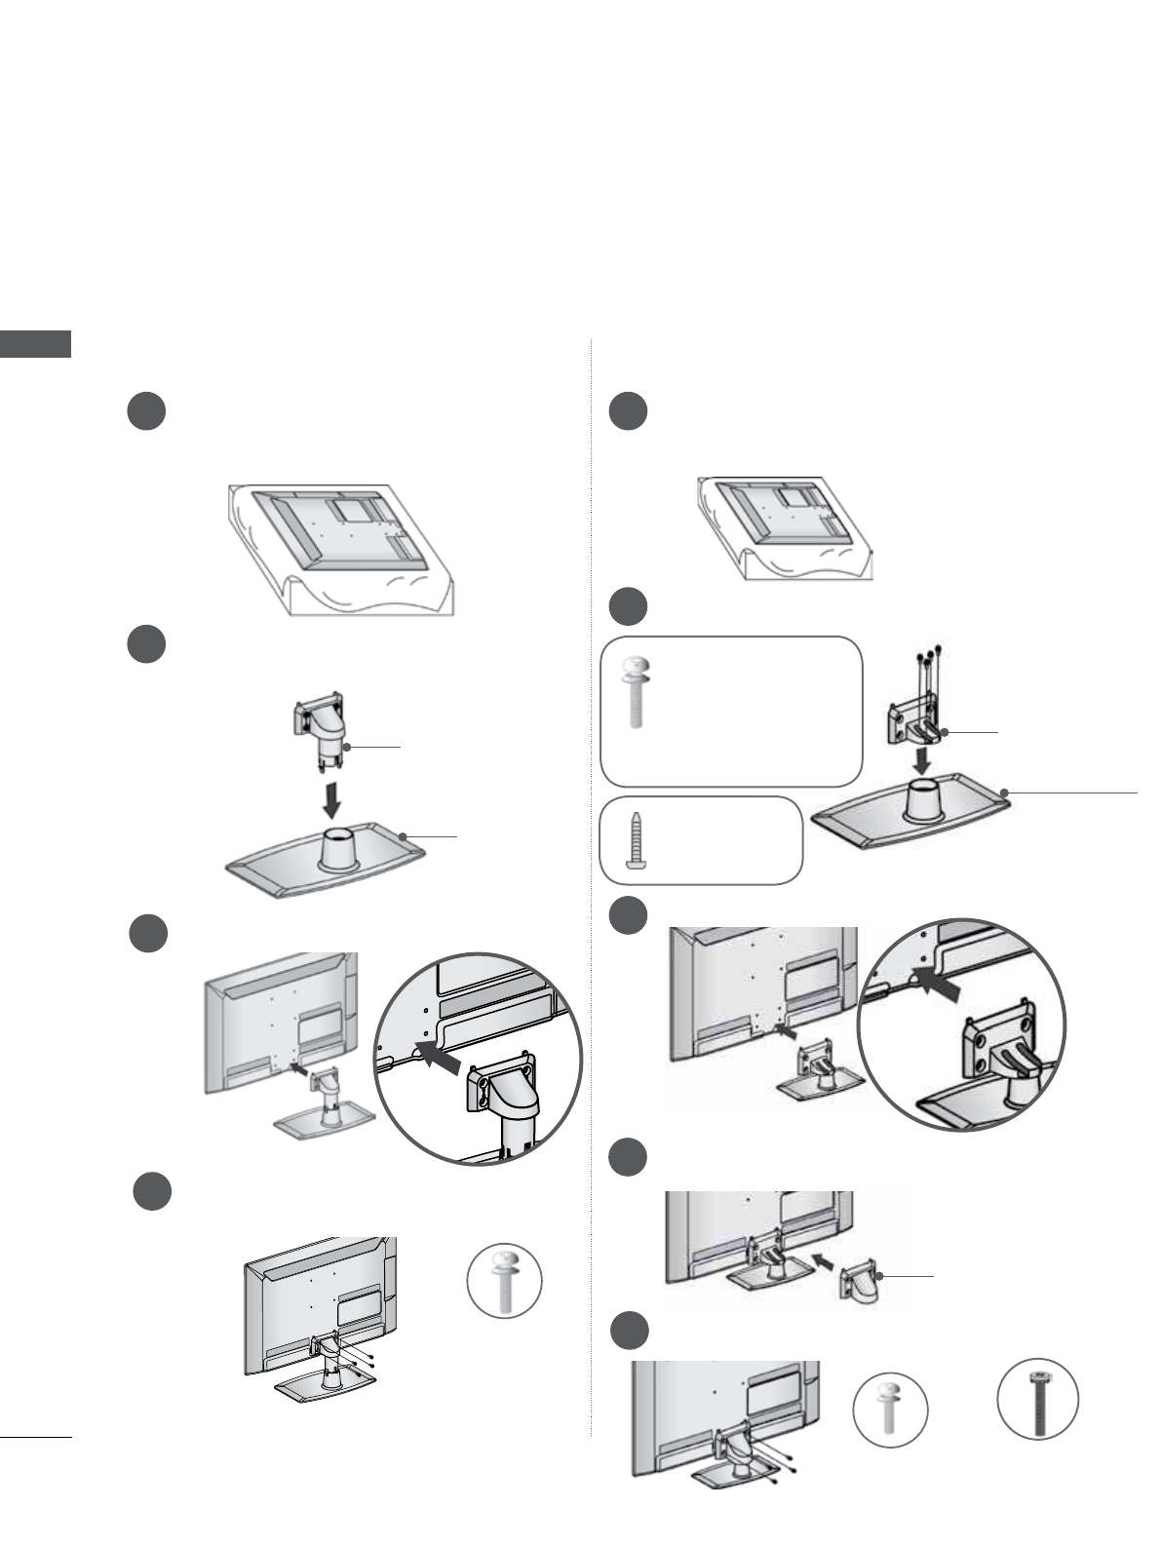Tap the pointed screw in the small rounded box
pyautogui.click(x=635, y=840)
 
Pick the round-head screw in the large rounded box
pyautogui.click(x=635, y=693)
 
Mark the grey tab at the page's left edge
pyautogui.click(x=36, y=344)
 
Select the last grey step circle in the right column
pyautogui.click(x=631, y=1333)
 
